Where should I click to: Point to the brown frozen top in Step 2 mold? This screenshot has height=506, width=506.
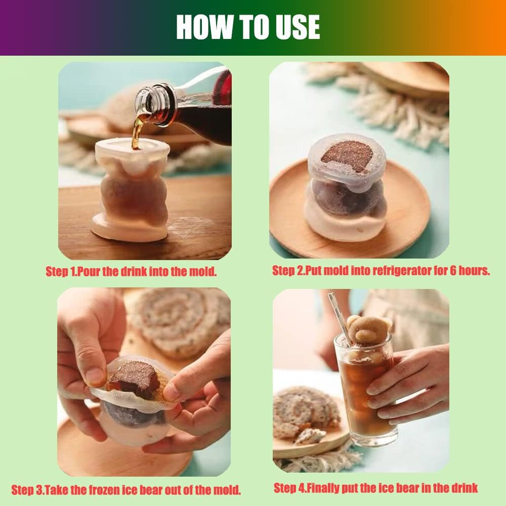coord(347,156)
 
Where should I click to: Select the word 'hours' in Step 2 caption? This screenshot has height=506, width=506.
coord(474,270)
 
